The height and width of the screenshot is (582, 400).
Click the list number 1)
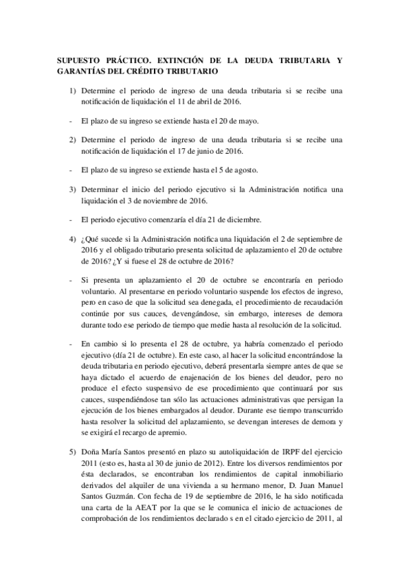73,90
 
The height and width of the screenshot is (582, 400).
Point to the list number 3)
73,189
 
